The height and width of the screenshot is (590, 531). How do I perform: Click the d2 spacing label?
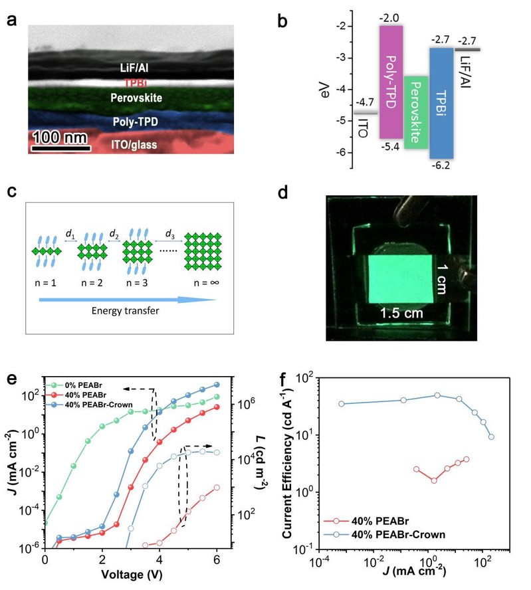click(x=114, y=233)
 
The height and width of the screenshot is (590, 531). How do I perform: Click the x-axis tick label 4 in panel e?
click(x=159, y=560)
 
